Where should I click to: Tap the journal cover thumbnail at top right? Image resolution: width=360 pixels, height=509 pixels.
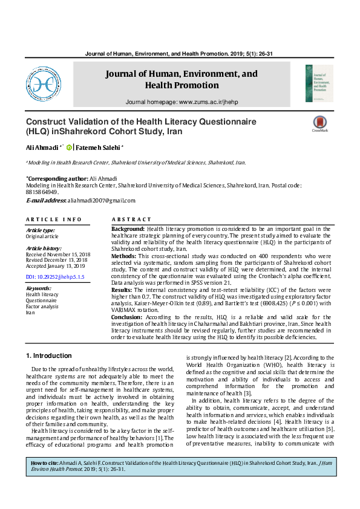coord(319,83)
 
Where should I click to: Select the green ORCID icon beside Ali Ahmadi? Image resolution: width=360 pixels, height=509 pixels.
coord(70,147)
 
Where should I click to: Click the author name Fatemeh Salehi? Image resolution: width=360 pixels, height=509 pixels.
coord(99,147)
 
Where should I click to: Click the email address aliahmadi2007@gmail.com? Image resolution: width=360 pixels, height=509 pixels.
coord(100,200)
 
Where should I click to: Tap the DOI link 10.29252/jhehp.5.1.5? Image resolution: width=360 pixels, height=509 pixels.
coord(55,276)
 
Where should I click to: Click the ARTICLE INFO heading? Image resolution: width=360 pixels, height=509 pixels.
coord(53,219)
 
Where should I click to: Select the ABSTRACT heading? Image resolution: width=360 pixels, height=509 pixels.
coord(131,219)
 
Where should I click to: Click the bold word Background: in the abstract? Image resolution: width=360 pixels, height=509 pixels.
coord(128,229)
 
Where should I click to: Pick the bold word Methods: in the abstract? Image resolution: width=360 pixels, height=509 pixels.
coord(124,256)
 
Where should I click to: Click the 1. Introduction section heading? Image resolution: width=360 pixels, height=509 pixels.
coord(50,355)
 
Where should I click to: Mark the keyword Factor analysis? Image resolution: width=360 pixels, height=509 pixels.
coord(42,306)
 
